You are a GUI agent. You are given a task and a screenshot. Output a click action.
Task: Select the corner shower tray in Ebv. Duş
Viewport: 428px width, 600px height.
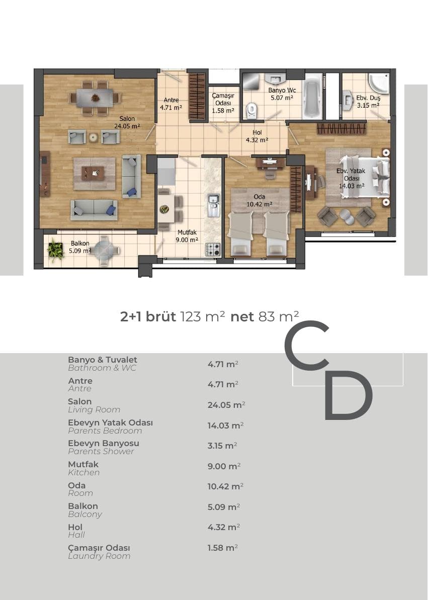[x=378, y=84]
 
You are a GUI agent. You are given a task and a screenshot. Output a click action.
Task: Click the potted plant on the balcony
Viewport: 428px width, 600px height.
[x=55, y=250]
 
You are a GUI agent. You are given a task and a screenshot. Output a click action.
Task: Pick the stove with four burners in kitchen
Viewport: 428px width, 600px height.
[x=213, y=249]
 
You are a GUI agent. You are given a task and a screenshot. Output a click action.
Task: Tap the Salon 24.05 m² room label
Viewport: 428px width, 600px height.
[x=127, y=122]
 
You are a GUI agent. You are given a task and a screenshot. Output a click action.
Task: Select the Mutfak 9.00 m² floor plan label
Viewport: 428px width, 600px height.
[x=187, y=236]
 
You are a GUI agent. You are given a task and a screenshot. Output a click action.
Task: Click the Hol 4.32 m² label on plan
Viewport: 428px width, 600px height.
[x=257, y=136]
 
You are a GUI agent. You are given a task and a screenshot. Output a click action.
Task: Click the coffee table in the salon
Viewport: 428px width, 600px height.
[x=93, y=173]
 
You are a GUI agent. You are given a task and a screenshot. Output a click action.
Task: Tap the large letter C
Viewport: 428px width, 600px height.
[x=307, y=345]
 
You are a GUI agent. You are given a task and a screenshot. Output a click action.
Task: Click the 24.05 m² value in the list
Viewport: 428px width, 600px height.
[x=226, y=405]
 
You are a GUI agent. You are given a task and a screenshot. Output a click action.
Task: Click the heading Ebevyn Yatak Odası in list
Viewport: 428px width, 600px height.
[x=110, y=422]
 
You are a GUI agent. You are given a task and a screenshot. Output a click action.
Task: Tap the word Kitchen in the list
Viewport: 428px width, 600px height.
[x=84, y=473]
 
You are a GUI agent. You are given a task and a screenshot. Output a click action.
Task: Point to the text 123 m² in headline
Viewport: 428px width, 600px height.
[x=203, y=316]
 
